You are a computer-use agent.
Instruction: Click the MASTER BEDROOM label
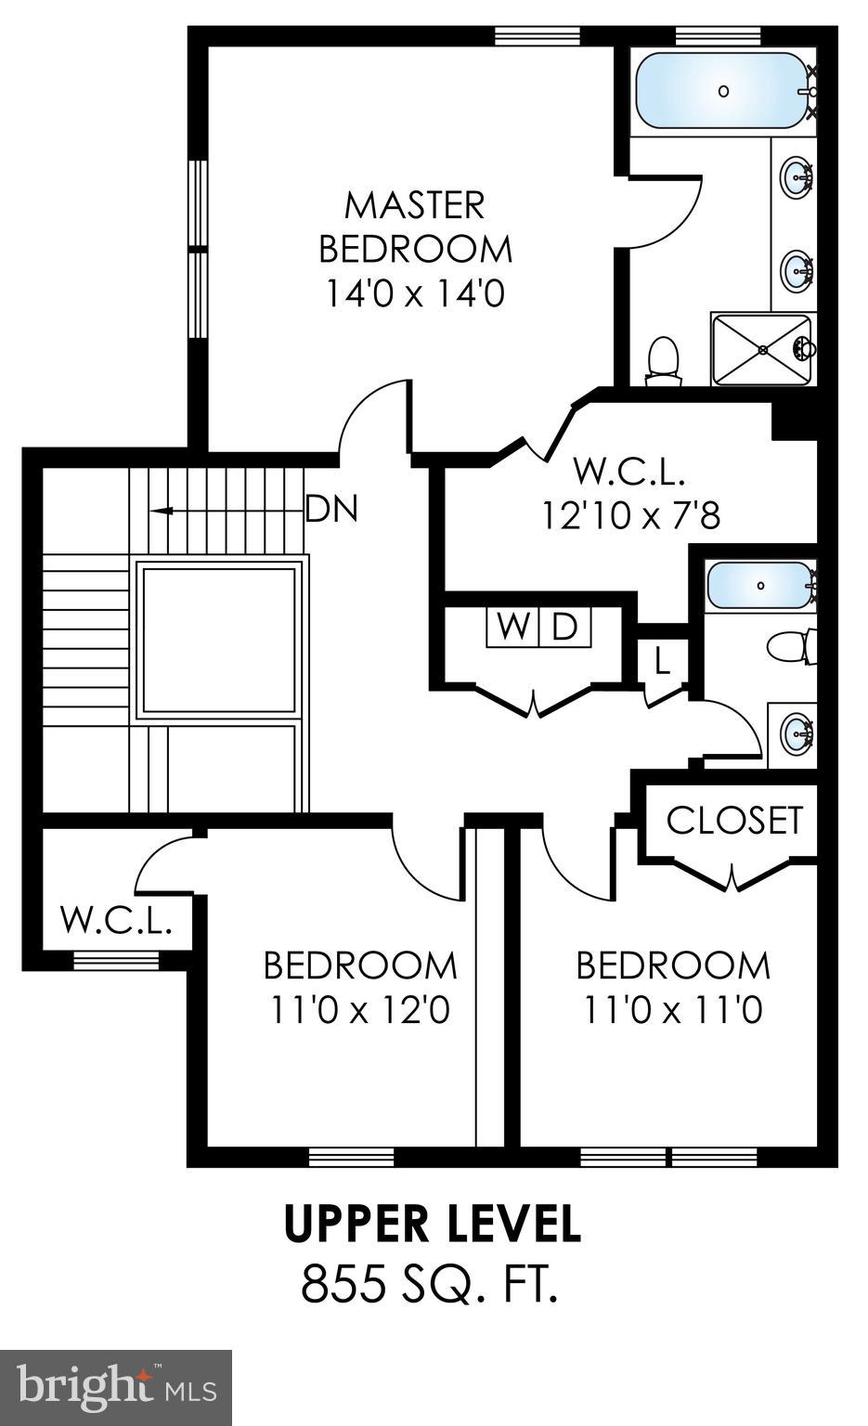(x=415, y=227)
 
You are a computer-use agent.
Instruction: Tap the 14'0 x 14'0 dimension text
(x=415, y=293)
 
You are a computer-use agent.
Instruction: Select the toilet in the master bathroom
(x=663, y=359)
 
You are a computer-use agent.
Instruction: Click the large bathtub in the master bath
(x=722, y=90)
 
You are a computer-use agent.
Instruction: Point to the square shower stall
(x=761, y=349)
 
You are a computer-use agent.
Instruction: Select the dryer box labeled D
(x=564, y=627)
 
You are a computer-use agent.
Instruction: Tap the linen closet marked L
(x=662, y=661)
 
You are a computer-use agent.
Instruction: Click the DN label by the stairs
(x=331, y=509)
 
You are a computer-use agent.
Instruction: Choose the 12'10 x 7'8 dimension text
(x=630, y=514)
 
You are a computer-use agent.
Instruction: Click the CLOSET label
(x=733, y=820)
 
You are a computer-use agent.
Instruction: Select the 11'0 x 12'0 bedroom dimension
(x=360, y=1009)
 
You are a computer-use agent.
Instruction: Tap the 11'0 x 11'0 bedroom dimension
(x=673, y=1009)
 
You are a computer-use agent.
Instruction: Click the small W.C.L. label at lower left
(x=117, y=920)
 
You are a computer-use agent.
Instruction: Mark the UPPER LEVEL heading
(x=433, y=1224)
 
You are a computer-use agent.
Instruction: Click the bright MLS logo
(x=116, y=1388)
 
